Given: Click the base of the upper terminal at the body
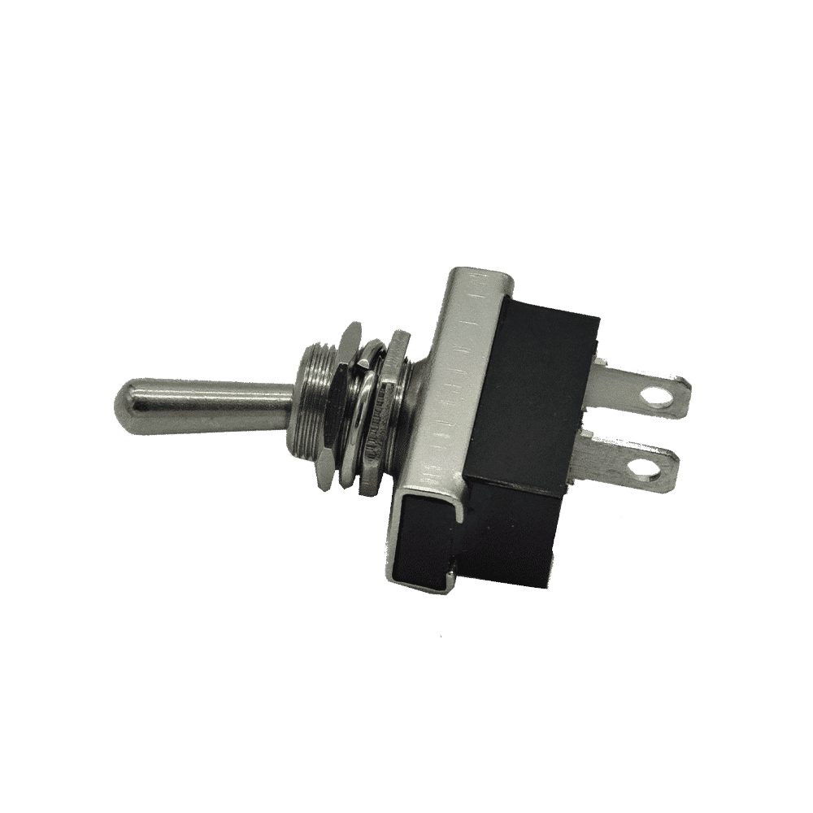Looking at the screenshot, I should tap(606, 382).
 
